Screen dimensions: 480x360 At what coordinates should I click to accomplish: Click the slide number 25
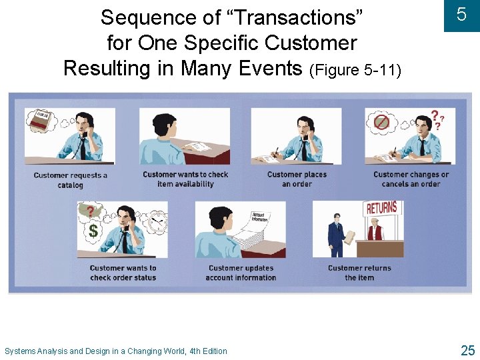pos(467,349)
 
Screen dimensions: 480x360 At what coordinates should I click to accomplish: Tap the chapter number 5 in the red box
pos(461,15)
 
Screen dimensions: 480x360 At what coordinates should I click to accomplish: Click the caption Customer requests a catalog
pos(70,180)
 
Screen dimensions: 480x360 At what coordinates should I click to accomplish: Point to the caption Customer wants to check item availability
pos(185,179)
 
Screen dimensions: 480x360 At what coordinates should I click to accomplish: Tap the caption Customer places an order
pos(297,179)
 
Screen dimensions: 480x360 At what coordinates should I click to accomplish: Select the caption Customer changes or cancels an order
pos(411,179)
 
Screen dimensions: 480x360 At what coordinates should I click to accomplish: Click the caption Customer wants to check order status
pos(123,273)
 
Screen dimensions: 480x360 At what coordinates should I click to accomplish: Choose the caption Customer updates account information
pos(241,273)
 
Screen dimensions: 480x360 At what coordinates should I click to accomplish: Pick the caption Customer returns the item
pos(359,273)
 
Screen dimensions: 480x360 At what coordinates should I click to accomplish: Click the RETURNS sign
pos(381,208)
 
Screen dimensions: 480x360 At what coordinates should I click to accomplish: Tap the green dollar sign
pos(93,231)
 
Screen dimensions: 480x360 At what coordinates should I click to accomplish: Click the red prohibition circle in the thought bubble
pos(381,123)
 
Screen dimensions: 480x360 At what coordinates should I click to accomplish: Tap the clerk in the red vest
pos(376,230)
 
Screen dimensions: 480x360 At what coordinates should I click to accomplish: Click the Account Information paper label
pos(259,217)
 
